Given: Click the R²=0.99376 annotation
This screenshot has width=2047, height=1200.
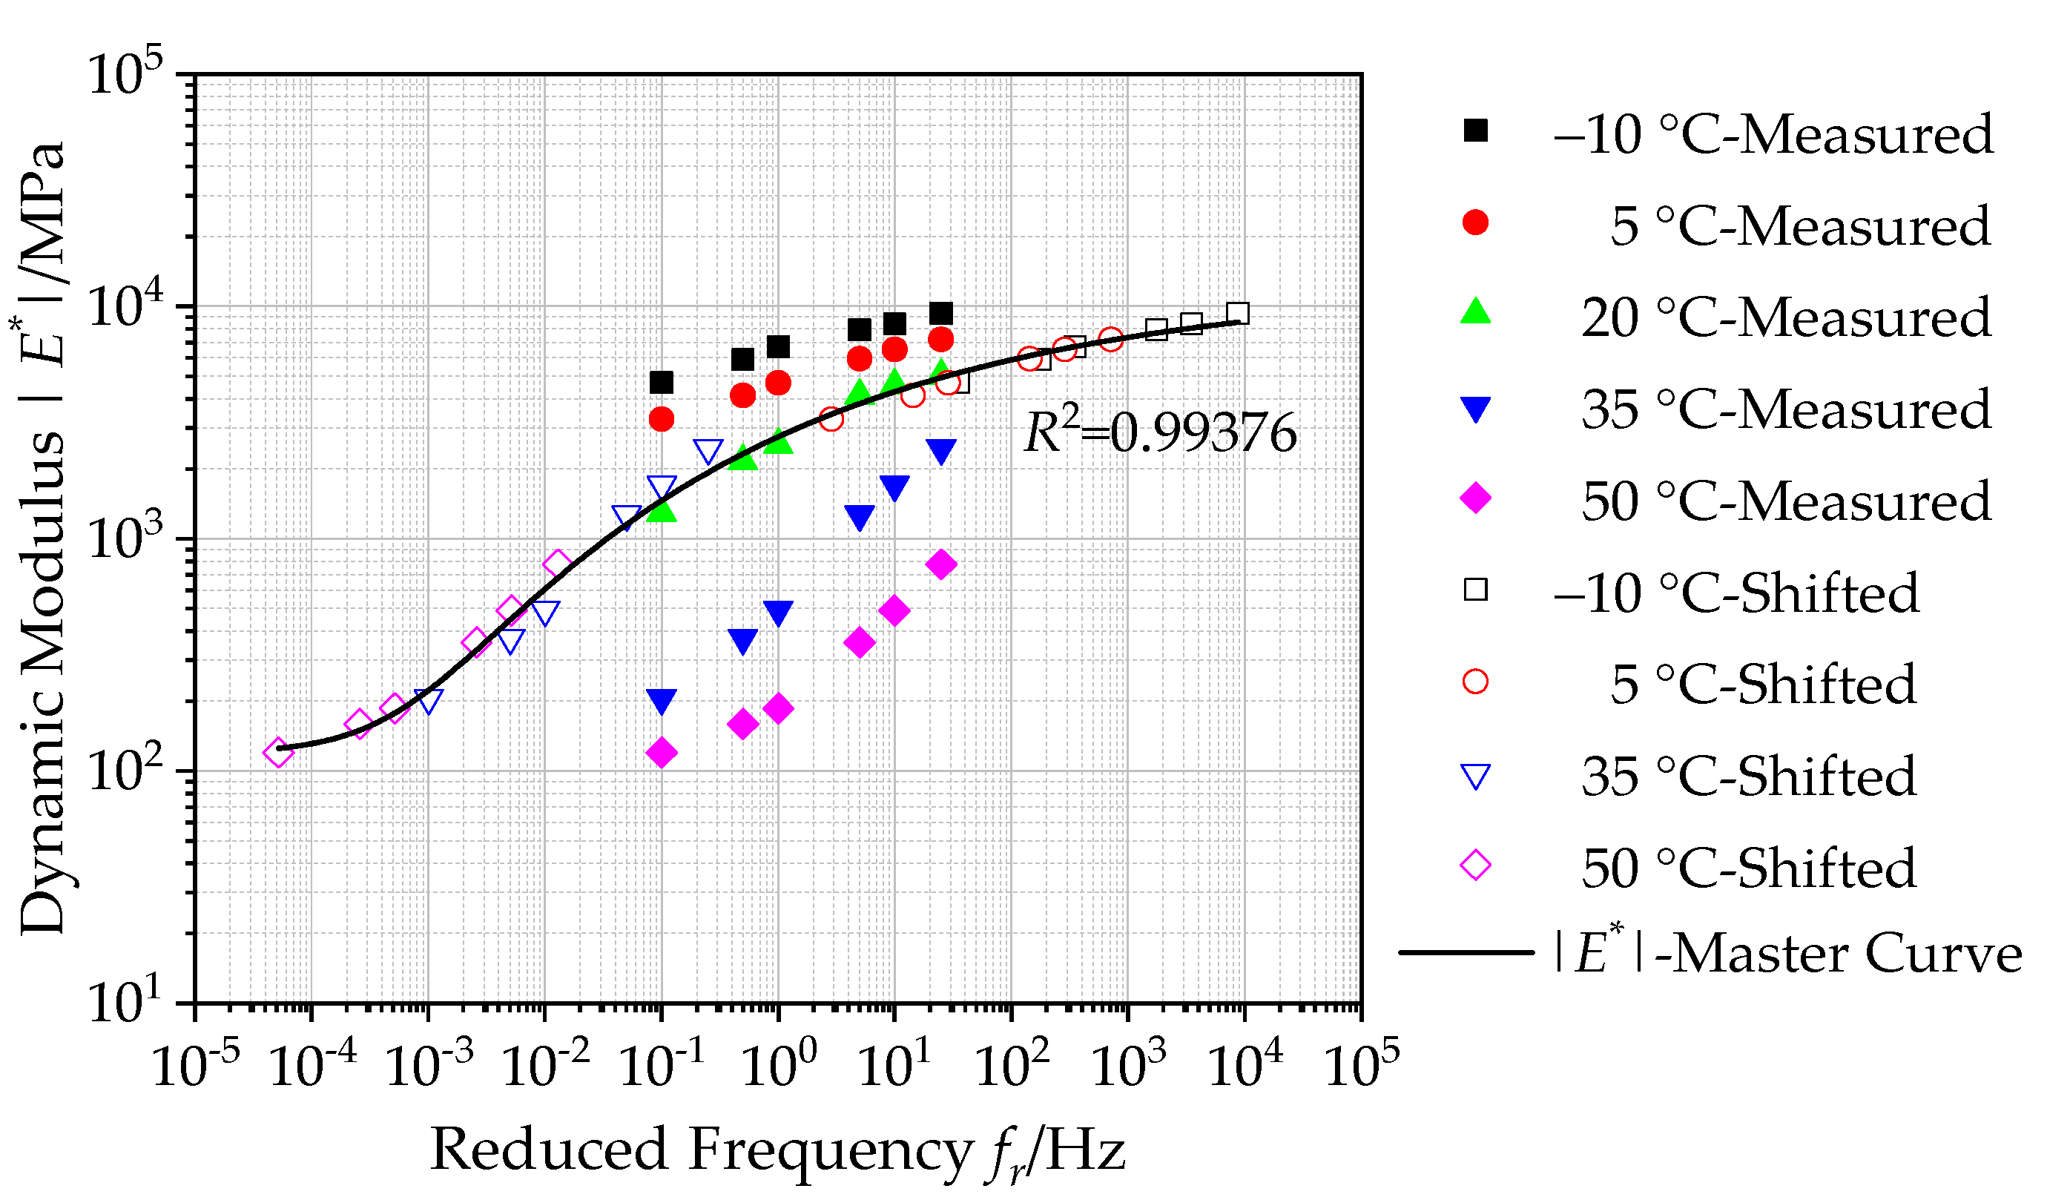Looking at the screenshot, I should pos(1159,433).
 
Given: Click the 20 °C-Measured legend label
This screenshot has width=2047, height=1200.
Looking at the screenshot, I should pos(1784,317).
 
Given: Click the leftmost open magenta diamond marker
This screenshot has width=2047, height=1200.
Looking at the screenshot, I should pos(278,752).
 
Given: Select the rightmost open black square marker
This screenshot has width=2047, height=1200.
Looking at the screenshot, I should pos(1237,313).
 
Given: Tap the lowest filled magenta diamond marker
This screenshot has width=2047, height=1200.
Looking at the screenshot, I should pos(662,753).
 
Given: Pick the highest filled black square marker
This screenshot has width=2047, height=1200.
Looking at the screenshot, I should pos(940,314).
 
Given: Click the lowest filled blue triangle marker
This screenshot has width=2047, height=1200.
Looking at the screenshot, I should pos(662,701).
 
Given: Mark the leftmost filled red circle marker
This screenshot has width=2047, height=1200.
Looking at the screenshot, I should pos(662,419).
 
